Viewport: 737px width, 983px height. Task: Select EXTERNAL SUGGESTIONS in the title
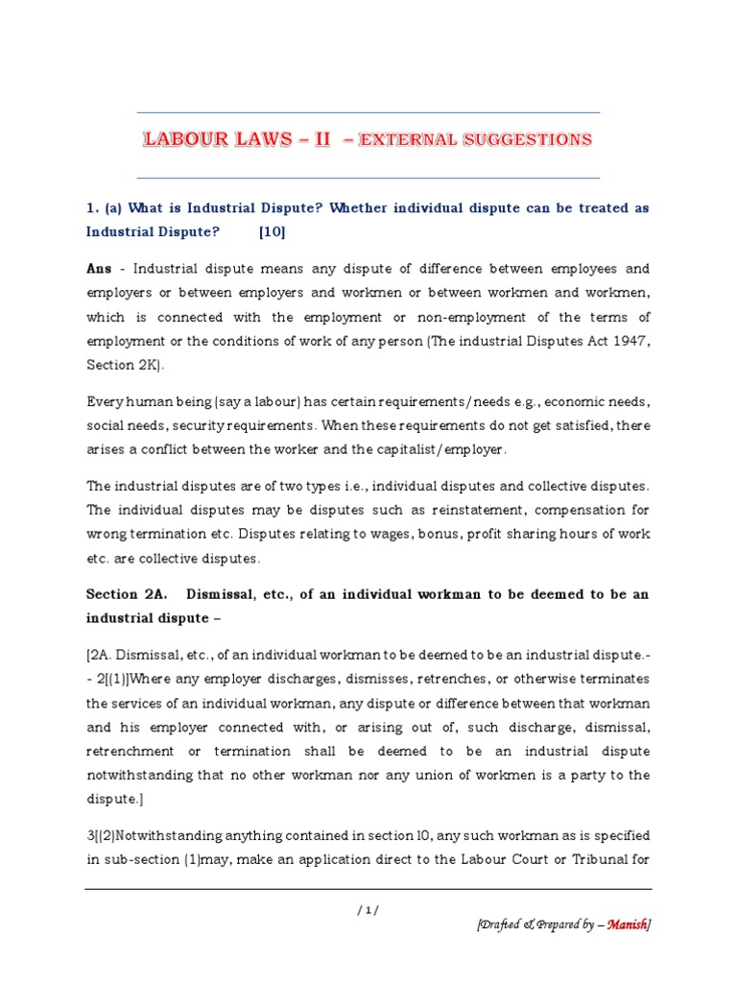(x=475, y=140)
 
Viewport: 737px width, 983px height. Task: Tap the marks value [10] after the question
(x=272, y=231)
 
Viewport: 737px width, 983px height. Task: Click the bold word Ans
(x=99, y=270)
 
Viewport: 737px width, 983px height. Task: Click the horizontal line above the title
(x=368, y=112)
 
